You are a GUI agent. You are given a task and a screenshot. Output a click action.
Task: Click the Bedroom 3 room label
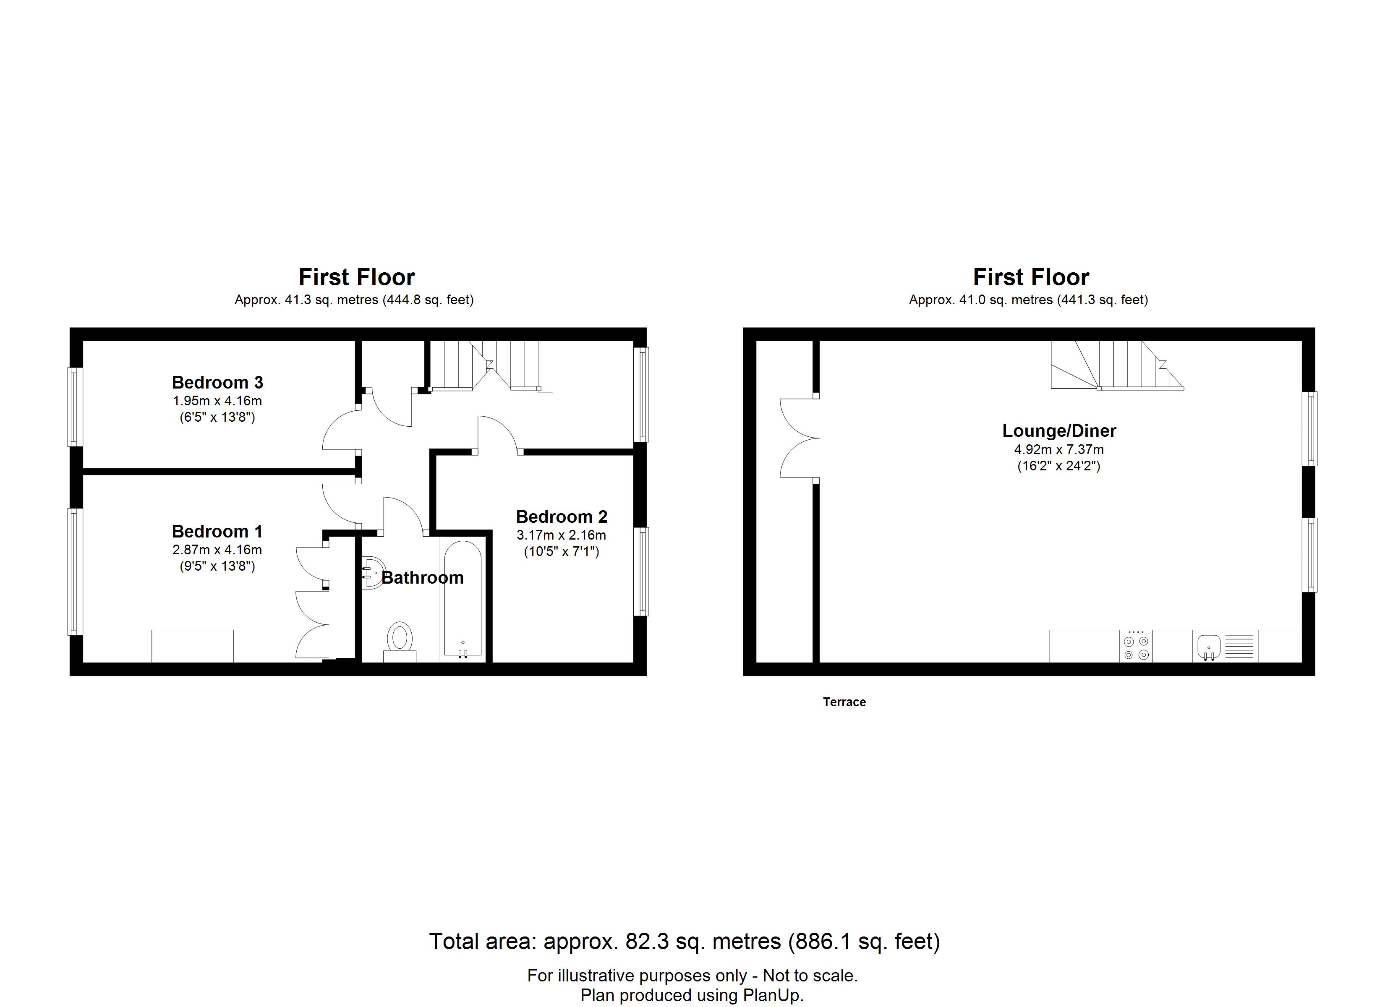tap(217, 382)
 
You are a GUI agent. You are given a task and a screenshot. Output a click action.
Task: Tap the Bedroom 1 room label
tap(217, 531)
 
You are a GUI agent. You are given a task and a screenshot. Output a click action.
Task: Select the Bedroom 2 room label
tap(562, 517)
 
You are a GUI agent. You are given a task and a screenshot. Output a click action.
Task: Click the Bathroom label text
tap(423, 578)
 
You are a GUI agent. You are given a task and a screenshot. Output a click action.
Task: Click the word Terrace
tap(844, 702)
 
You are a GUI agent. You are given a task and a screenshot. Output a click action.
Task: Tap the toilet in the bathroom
tap(400, 641)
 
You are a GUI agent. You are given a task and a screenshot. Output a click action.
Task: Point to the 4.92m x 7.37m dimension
tap(1059, 449)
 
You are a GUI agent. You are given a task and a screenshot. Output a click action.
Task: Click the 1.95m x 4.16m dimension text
tap(217, 401)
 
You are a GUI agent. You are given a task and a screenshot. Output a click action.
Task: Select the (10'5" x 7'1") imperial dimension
tap(562, 551)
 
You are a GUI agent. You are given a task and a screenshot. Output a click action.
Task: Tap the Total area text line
tap(685, 941)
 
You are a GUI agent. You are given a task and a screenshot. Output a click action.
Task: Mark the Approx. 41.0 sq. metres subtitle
tap(1028, 300)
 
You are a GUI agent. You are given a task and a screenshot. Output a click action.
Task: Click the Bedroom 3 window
tap(75, 407)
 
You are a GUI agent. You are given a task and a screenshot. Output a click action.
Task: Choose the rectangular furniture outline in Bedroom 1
tap(192, 646)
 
